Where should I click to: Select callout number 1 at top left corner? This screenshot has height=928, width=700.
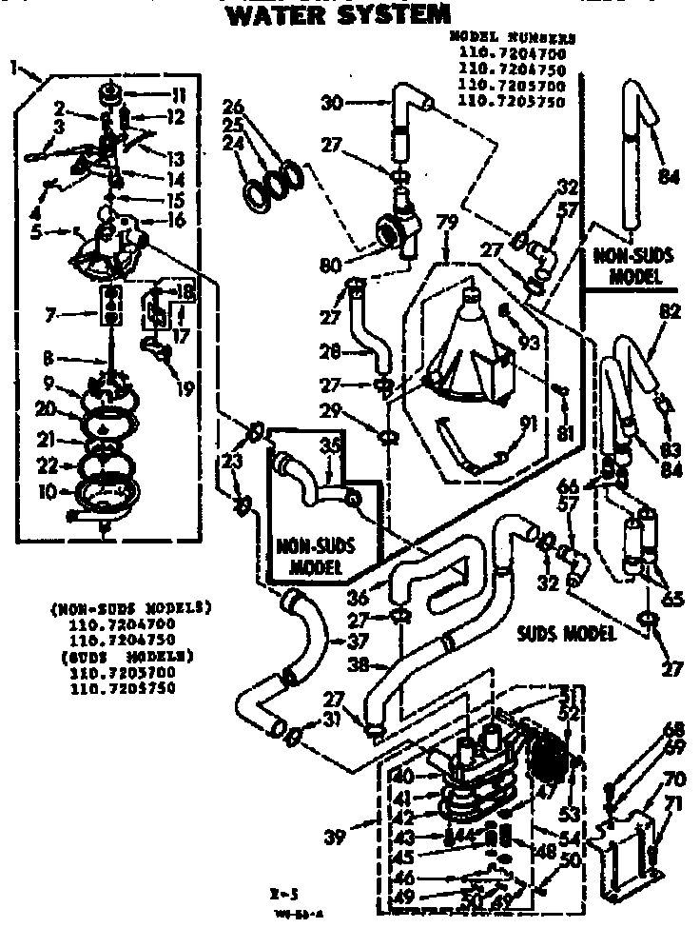coord(13,67)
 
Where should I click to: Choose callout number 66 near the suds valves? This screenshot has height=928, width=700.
coord(593,484)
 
